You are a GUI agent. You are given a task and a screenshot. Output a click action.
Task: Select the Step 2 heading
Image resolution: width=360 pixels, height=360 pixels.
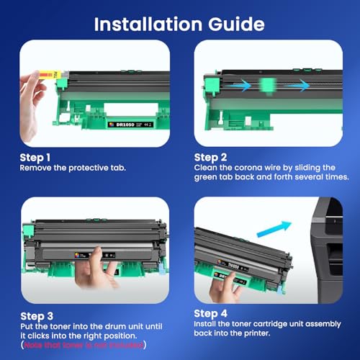(212, 156)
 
